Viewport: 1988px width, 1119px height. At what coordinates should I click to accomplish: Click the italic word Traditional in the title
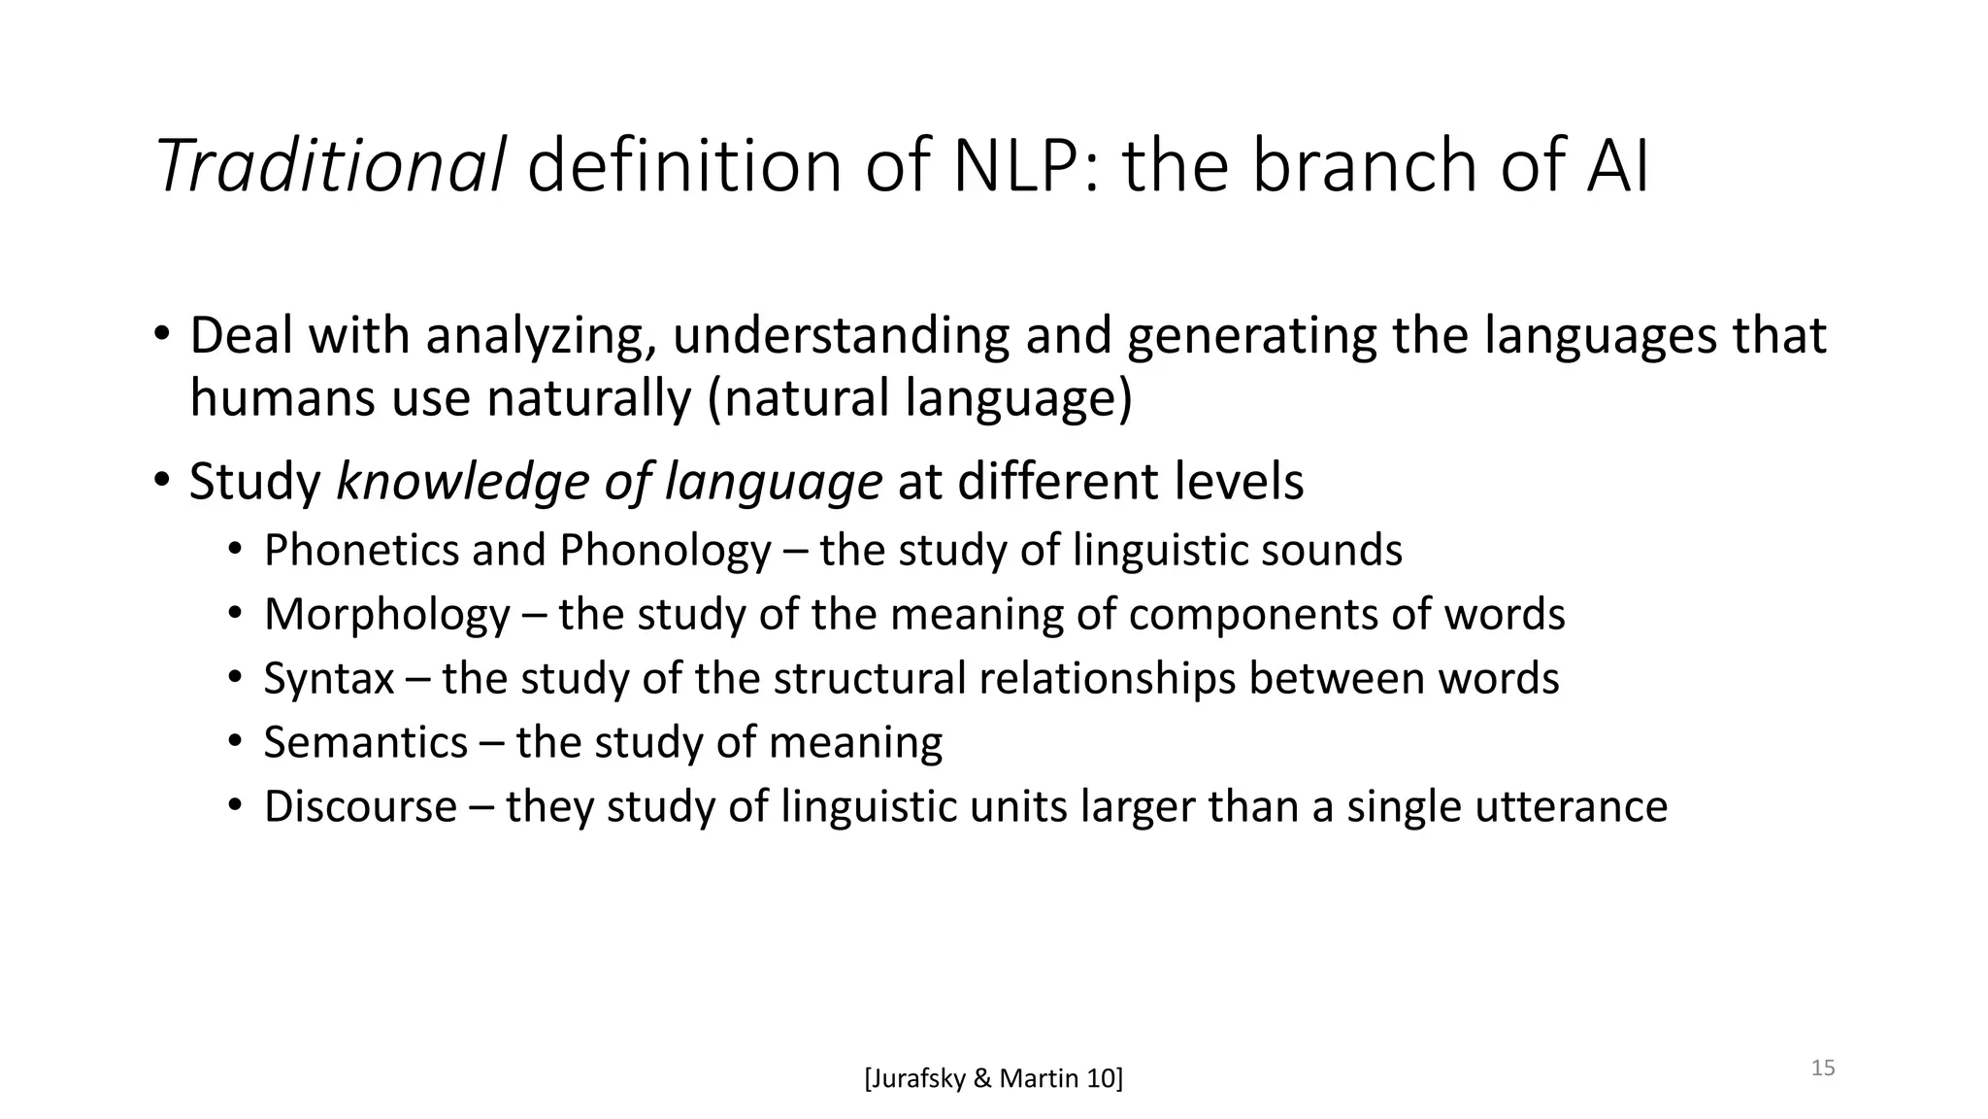point(330,165)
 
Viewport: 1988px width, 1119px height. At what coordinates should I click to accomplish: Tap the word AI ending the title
point(1617,165)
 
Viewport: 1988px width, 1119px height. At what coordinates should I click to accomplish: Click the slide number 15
point(1823,1068)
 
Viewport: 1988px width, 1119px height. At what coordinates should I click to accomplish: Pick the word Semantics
point(366,743)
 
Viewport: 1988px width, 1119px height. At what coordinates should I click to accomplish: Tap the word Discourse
point(360,807)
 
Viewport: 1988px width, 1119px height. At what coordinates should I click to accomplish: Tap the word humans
point(282,398)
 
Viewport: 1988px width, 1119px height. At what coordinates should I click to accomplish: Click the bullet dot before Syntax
point(234,678)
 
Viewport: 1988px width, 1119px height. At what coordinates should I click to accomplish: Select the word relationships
point(1107,679)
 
